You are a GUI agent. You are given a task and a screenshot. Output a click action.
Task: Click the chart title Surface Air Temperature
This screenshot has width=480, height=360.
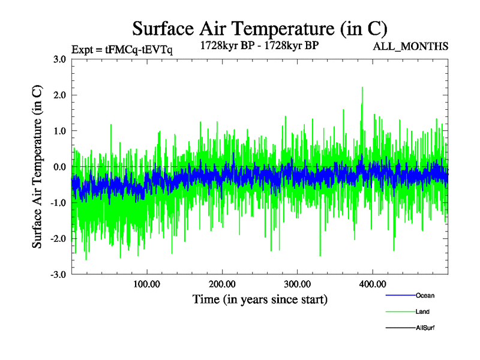click(x=259, y=29)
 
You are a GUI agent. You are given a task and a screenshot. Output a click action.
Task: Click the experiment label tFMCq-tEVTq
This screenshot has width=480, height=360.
click(x=121, y=50)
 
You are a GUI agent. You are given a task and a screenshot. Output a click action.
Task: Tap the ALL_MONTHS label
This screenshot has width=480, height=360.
click(x=411, y=46)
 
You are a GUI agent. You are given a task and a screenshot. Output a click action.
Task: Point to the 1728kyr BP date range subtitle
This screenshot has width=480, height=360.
click(x=259, y=46)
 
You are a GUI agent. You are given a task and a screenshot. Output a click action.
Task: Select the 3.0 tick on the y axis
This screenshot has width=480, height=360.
click(x=59, y=59)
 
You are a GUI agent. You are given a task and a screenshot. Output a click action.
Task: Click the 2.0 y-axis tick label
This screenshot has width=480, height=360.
click(x=59, y=95)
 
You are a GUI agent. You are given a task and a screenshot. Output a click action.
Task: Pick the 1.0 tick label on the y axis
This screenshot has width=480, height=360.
click(x=59, y=131)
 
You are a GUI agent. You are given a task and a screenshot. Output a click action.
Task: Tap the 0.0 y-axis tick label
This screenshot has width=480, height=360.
click(x=59, y=167)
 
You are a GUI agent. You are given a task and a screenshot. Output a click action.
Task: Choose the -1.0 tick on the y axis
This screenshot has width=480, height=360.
click(x=58, y=203)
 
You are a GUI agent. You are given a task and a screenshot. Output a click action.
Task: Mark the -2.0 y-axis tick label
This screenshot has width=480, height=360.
click(x=58, y=239)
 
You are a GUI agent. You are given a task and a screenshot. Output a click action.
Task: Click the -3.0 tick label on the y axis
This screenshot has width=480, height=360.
click(x=58, y=275)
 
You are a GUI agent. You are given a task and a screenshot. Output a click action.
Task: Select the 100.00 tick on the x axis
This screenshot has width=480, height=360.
click(x=146, y=284)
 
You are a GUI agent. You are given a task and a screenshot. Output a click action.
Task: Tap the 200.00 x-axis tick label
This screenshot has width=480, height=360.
click(x=222, y=284)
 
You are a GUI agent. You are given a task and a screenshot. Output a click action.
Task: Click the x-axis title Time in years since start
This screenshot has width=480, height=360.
click(x=260, y=299)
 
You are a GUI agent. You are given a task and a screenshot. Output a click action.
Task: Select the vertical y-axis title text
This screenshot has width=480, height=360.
click(x=37, y=167)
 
